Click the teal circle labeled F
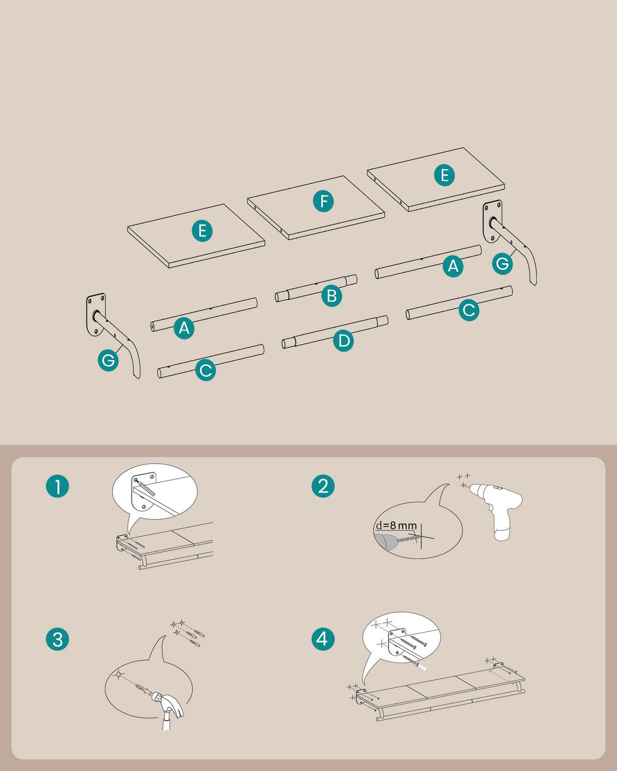coord(323,201)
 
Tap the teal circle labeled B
coord(332,296)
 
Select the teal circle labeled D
coord(343,340)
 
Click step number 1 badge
coord(58,486)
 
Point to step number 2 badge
coord(323,486)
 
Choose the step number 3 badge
coord(58,639)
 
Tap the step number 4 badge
coord(323,639)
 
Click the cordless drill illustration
coord(498,509)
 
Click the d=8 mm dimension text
coord(396,526)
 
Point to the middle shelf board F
coord(316,208)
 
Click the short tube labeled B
coord(316,288)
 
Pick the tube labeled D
coord(335,332)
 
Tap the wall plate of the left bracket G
coord(96,315)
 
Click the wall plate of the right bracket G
coord(492,221)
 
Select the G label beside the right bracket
coord(502,264)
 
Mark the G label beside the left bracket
coord(108,360)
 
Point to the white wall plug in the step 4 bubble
coord(423,668)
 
